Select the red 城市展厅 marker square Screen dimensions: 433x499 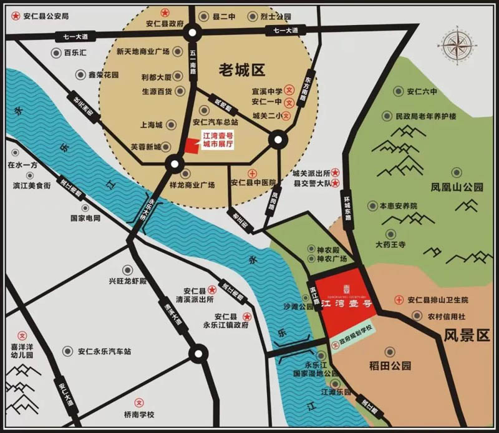tap(190, 146)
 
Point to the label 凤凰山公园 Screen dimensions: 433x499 tap(457, 187)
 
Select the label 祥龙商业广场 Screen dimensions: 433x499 tap(191, 185)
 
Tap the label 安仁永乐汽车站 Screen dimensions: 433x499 tap(104, 352)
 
